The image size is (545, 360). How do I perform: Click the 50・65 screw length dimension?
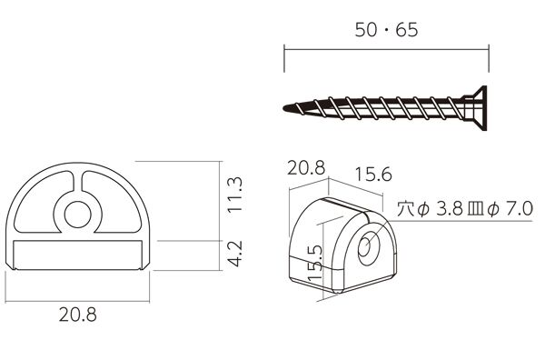(x=386, y=30)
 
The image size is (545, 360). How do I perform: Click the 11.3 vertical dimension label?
(x=235, y=195)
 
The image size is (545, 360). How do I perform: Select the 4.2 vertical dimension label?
(x=235, y=254)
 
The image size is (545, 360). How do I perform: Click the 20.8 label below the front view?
(x=78, y=315)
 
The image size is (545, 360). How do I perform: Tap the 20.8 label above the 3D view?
(x=306, y=168)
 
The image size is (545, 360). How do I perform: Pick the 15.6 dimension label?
(x=373, y=175)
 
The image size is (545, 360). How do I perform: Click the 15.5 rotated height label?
(x=315, y=264)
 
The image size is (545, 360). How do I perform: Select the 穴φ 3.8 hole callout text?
(x=431, y=209)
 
